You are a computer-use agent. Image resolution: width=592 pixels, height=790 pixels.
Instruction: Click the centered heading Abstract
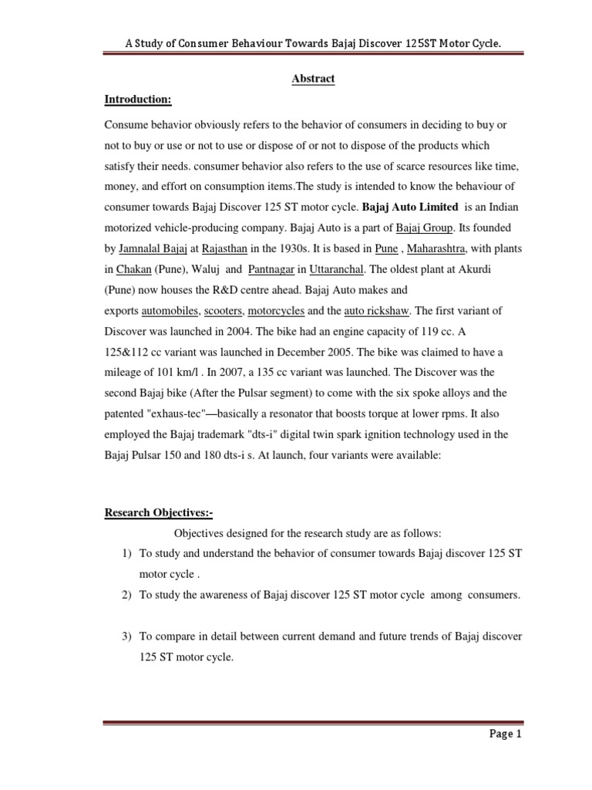[x=313, y=79]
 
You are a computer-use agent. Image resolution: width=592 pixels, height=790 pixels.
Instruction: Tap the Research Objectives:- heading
[x=158, y=513]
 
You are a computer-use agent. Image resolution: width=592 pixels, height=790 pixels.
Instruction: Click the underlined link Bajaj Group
[x=421, y=228]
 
